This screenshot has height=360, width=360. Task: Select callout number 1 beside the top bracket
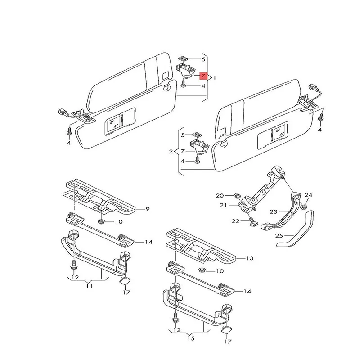pyautogui.click(x=215, y=78)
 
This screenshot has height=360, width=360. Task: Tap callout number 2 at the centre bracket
pyautogui.click(x=171, y=152)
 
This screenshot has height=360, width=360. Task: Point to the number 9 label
pyautogui.click(x=147, y=209)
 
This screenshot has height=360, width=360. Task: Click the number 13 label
pyautogui.click(x=250, y=258)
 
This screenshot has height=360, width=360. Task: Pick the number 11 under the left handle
pyautogui.click(x=89, y=285)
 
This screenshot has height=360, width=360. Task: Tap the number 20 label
pyautogui.click(x=219, y=195)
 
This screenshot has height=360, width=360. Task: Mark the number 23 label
pyautogui.click(x=274, y=211)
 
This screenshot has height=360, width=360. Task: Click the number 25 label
pyautogui.click(x=279, y=235)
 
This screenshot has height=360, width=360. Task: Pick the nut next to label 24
pyautogui.click(x=304, y=207)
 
